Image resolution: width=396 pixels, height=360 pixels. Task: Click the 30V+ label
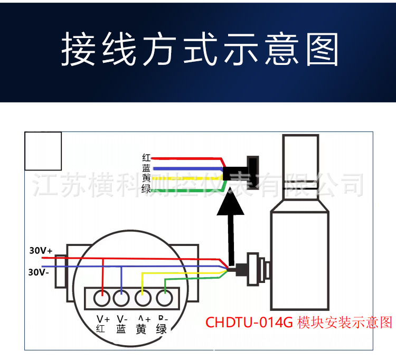click(41, 251)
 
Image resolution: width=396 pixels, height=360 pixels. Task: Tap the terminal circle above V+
click(102, 299)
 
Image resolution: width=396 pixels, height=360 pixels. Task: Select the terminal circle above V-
click(121, 299)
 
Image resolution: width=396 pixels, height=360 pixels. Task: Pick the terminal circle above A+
click(142, 299)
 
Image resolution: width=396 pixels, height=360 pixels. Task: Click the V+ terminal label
click(103, 319)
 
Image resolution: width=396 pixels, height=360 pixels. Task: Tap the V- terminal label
click(121, 319)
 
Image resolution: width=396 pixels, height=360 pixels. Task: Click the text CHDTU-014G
click(248, 322)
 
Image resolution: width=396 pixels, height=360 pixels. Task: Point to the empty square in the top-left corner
click(43, 151)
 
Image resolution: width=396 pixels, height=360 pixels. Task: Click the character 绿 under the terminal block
click(162, 329)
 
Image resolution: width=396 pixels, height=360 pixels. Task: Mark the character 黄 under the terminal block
click(141, 329)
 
